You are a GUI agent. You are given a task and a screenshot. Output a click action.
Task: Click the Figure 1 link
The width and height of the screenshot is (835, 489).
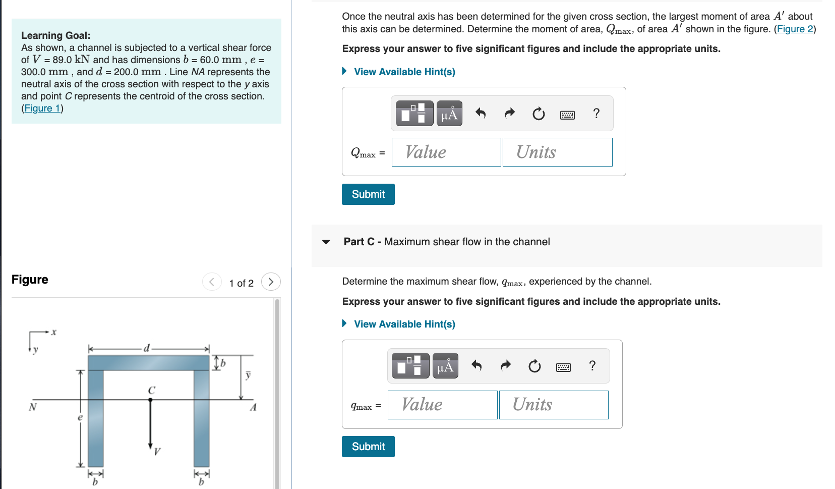tap(42, 108)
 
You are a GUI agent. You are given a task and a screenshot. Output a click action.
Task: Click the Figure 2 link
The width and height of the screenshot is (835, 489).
tap(795, 29)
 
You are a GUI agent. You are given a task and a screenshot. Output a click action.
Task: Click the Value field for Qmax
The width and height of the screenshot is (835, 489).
tap(446, 152)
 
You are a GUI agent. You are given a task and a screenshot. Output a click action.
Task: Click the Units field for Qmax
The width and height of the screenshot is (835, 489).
tap(557, 152)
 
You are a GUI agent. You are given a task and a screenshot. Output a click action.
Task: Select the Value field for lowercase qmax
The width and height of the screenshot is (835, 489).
tap(442, 405)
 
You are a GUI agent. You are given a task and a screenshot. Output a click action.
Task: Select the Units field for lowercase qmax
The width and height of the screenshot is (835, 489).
tap(553, 405)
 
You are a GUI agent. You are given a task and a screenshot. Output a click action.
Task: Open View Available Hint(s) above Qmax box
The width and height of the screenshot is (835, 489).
tap(404, 72)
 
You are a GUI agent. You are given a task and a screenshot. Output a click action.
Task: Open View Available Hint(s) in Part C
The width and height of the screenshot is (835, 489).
tap(404, 324)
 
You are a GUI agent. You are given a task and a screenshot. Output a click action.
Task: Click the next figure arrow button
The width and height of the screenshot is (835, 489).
tap(271, 282)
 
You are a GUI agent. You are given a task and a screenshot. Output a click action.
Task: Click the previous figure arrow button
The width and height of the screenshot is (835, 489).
tap(212, 282)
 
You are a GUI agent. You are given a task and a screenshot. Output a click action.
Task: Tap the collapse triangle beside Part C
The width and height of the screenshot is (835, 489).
tap(326, 242)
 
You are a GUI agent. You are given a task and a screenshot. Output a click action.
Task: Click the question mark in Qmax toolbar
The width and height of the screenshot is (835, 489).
tap(596, 113)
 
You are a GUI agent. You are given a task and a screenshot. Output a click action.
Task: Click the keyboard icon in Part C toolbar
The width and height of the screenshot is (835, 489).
tap(563, 367)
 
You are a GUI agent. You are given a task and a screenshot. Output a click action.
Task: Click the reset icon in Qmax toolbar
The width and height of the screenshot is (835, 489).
tap(539, 114)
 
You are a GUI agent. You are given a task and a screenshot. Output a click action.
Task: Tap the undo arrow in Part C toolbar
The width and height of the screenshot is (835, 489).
tap(476, 365)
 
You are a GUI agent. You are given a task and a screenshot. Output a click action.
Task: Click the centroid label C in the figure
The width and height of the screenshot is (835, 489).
tap(151, 390)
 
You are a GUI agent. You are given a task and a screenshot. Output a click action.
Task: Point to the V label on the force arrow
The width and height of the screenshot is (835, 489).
tap(157, 451)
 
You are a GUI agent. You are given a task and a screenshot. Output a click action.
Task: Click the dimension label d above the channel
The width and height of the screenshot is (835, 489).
tap(147, 348)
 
